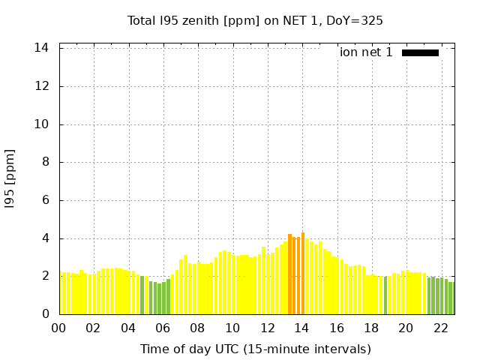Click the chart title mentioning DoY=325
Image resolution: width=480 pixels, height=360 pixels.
click(x=255, y=20)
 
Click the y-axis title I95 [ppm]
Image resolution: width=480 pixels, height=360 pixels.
click(x=10, y=179)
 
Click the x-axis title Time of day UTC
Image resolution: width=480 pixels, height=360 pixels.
click(x=255, y=349)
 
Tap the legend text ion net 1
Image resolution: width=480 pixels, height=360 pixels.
click(x=366, y=52)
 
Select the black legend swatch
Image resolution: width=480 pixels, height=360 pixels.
click(x=420, y=52)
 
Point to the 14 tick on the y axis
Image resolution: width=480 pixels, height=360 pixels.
click(x=42, y=48)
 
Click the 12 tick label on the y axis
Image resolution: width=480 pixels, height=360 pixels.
click(x=42, y=86)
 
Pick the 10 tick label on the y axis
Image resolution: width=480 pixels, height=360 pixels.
click(x=42, y=124)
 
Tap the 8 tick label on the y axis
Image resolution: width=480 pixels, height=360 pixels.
click(x=45, y=162)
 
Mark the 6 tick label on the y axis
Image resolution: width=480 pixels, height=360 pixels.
click(x=45, y=200)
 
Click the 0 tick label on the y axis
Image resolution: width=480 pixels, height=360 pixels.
click(x=45, y=314)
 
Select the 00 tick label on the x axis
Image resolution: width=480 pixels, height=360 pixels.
click(x=58, y=328)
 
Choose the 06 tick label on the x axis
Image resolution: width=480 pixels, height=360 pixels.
click(x=163, y=328)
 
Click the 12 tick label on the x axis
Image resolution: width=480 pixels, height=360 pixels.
click(x=267, y=328)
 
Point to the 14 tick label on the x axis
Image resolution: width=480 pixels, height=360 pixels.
click(x=301, y=328)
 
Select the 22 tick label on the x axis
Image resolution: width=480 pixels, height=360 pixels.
click(x=440, y=328)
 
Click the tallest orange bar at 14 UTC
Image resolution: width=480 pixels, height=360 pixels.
click(x=303, y=274)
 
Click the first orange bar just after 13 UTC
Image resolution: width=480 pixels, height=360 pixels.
click(x=290, y=274)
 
